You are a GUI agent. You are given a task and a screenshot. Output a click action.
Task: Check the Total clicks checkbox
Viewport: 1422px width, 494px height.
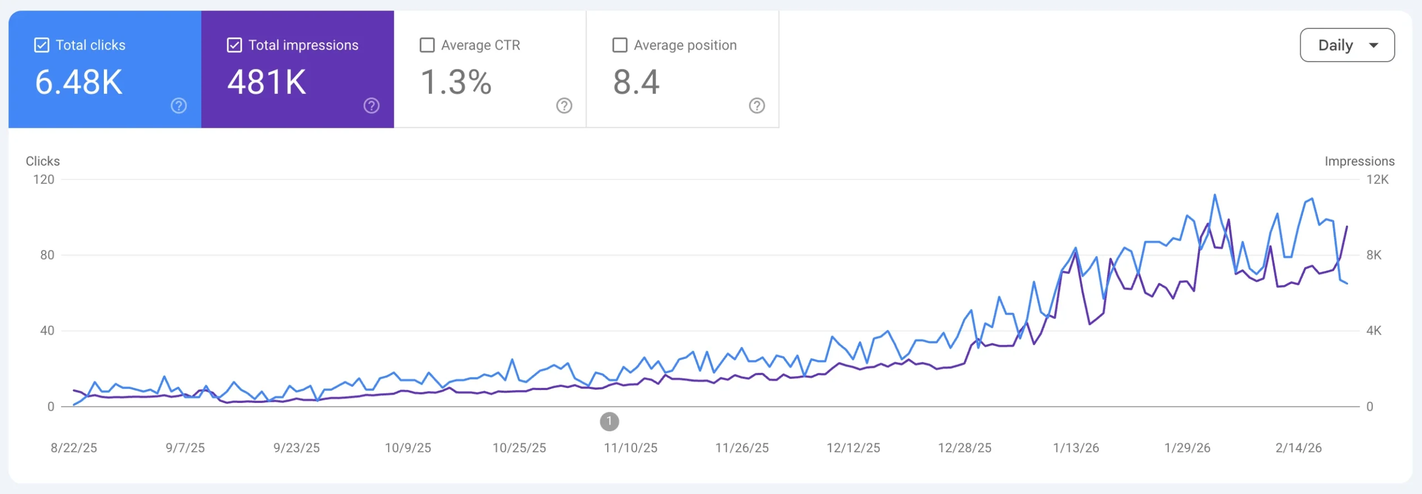point(42,45)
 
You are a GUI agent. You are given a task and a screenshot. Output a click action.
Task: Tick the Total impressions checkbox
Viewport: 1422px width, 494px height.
point(234,45)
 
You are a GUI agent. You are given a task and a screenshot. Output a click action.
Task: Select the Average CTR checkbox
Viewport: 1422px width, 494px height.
point(427,45)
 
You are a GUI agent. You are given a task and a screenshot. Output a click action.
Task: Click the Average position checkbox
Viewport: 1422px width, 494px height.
point(619,45)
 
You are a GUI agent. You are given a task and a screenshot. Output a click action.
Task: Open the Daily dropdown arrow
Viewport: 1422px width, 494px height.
point(1374,46)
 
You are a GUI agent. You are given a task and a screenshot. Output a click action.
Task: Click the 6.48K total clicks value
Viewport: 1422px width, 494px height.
point(79,82)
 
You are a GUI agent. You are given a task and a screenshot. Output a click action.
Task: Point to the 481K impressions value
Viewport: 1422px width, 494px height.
point(267,82)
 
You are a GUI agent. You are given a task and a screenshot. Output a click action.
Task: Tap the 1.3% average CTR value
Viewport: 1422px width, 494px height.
point(456,82)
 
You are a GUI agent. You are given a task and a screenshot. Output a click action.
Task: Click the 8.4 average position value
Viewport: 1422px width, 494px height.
point(636,82)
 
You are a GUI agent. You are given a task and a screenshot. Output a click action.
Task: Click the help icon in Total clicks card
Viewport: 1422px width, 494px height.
point(179,106)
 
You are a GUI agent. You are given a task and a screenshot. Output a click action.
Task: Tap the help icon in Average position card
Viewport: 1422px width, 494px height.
point(757,106)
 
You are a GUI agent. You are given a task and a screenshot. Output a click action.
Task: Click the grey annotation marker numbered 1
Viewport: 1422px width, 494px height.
point(609,421)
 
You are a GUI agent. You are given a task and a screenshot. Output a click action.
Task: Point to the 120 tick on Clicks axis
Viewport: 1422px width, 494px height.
point(44,179)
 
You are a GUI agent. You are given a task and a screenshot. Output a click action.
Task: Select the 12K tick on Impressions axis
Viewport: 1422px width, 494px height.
point(1377,179)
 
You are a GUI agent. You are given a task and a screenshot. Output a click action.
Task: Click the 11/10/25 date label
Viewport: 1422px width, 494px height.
point(630,448)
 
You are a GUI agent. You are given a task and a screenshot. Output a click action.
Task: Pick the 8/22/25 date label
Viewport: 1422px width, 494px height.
point(74,448)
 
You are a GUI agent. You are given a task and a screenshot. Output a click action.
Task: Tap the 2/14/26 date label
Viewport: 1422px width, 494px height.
point(1298,448)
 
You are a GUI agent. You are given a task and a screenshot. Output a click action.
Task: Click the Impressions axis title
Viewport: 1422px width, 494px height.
point(1359,161)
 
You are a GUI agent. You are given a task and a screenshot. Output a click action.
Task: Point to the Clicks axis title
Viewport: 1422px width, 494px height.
point(43,161)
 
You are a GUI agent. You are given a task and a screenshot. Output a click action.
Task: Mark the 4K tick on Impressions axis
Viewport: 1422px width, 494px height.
point(1374,331)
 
